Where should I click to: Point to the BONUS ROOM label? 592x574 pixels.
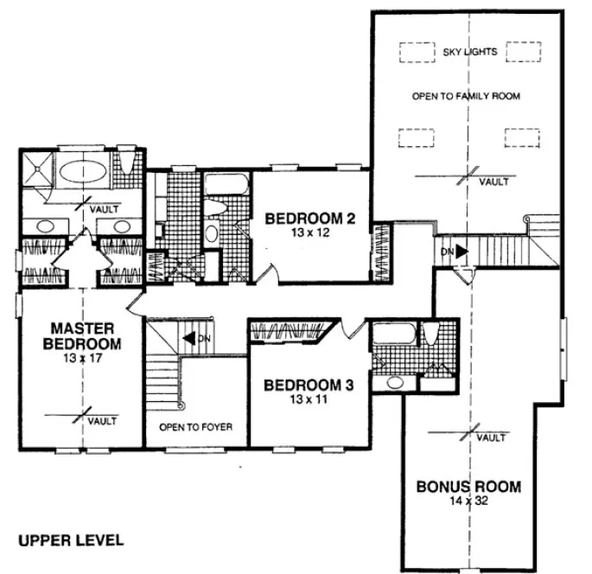469,487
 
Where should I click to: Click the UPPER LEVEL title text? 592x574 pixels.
71,540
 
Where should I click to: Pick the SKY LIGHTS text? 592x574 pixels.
469,53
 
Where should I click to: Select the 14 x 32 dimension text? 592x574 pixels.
469,502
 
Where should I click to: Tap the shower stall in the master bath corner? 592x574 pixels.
37,169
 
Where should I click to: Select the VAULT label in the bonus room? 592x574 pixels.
491,438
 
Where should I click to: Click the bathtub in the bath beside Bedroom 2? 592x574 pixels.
226,183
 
